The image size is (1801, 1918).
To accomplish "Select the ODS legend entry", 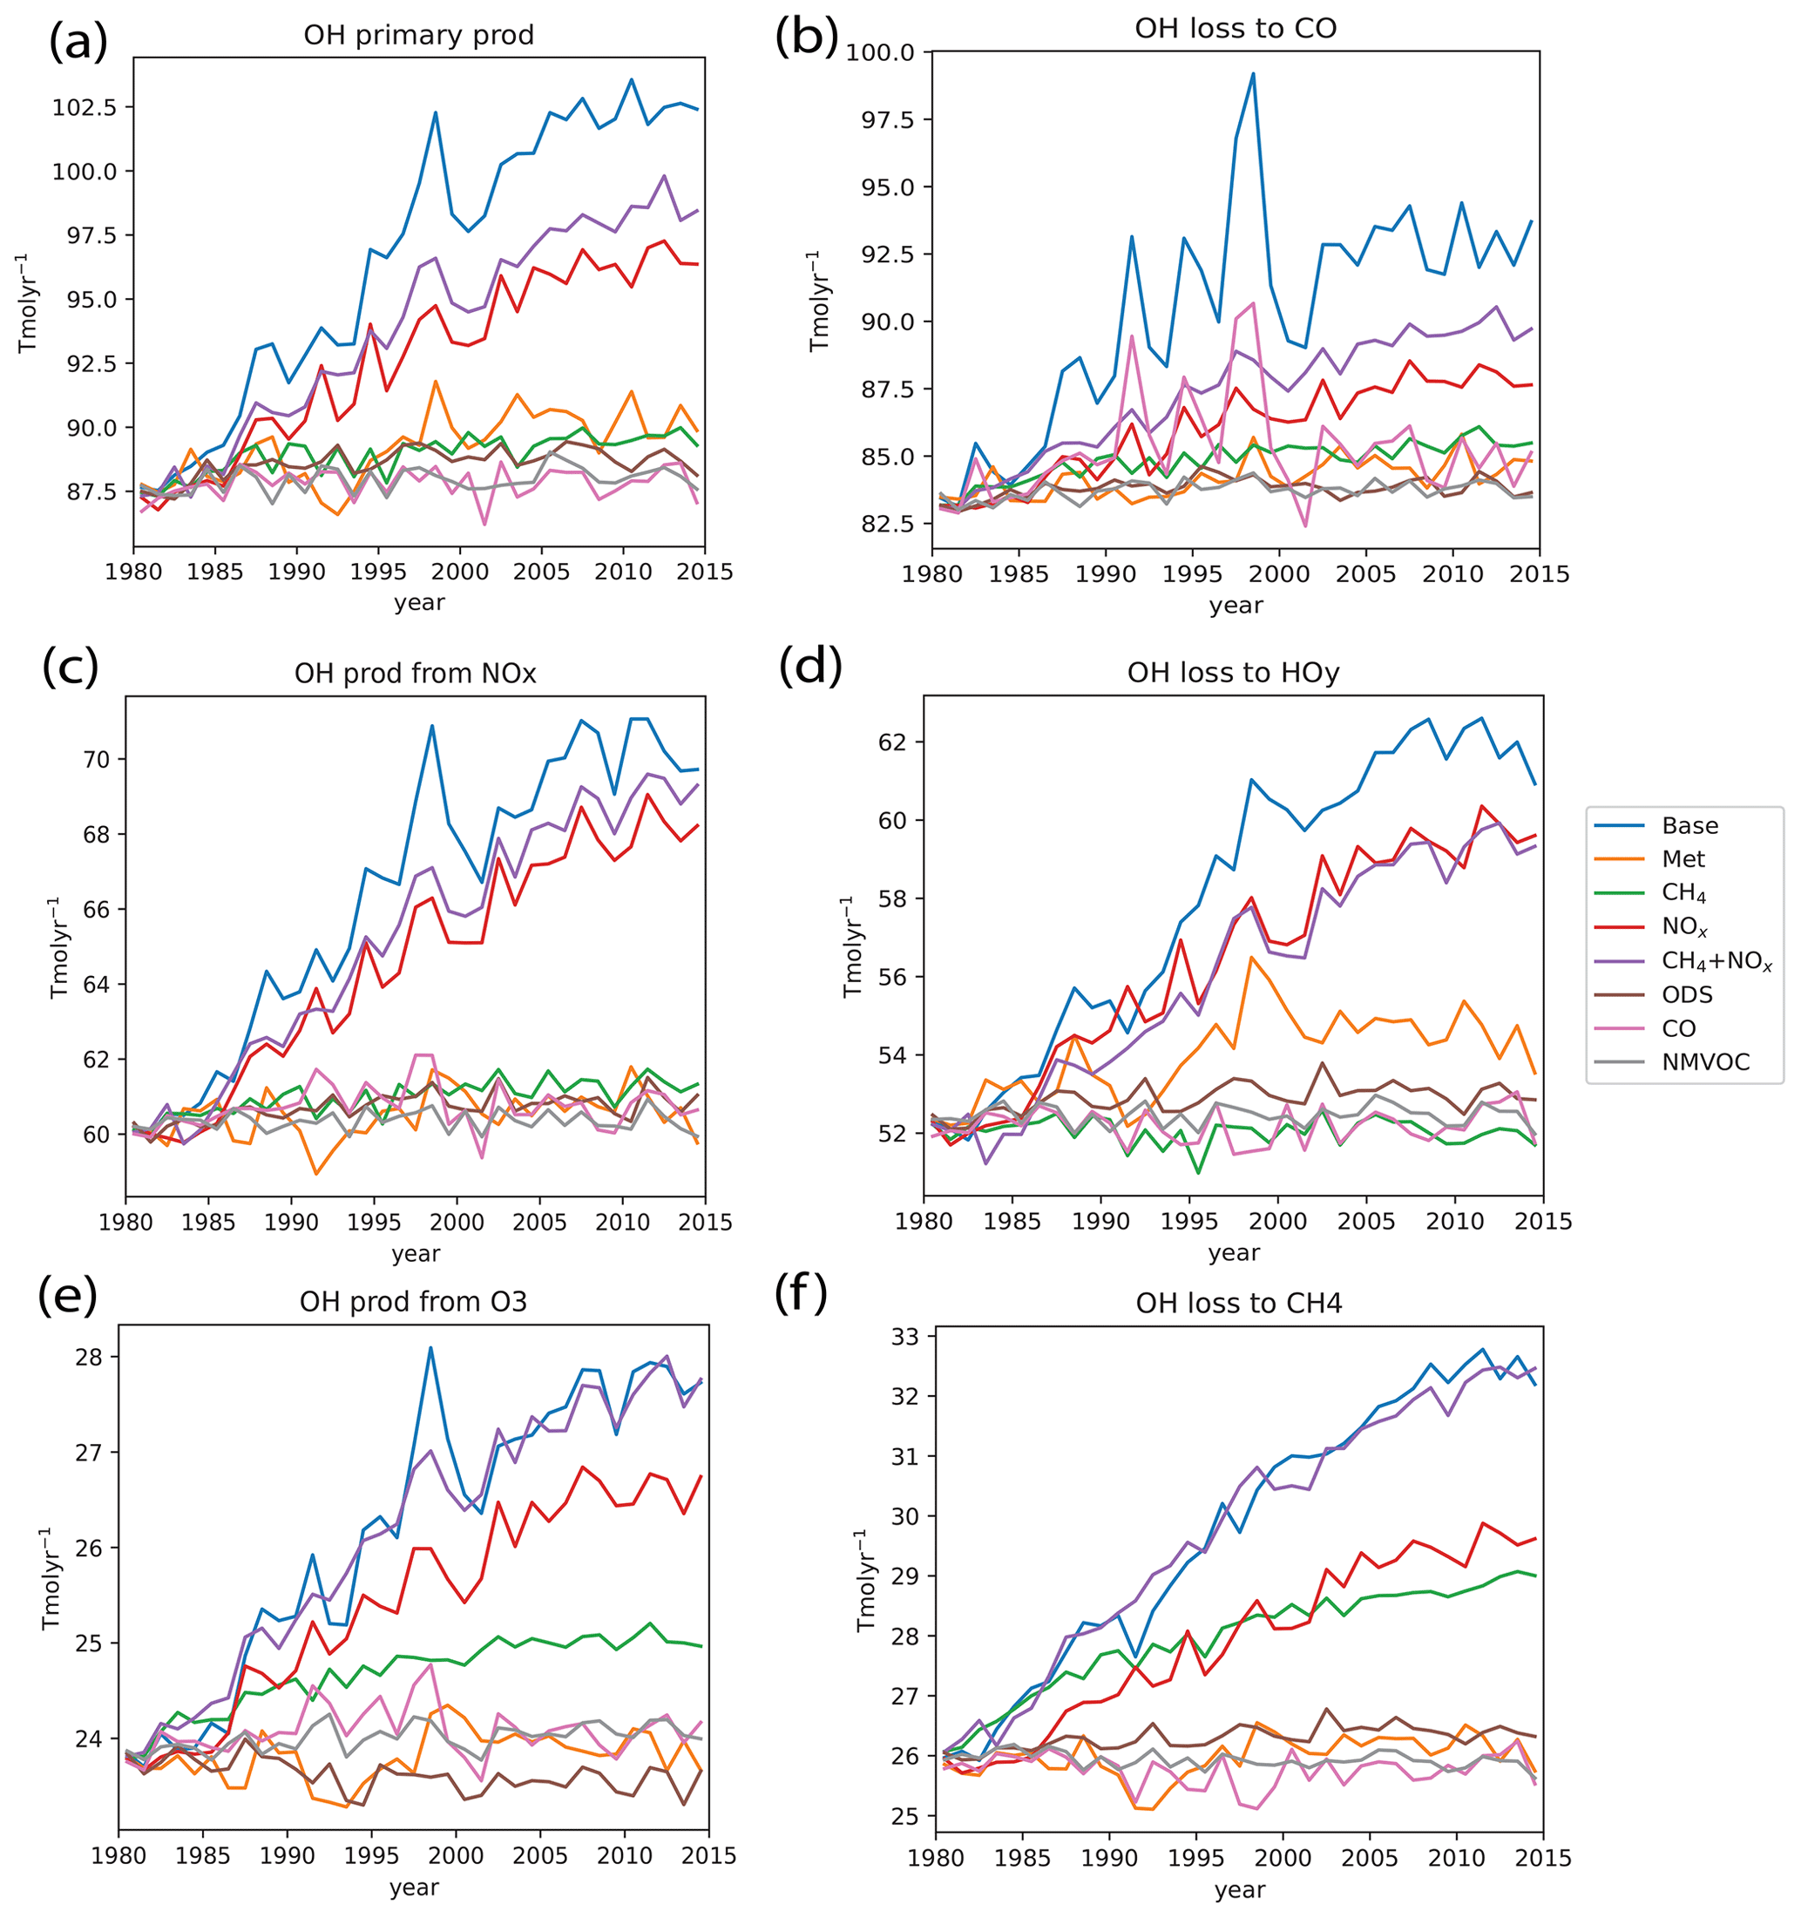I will [1687, 994].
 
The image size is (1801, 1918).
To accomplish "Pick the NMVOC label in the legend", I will [1704, 1062].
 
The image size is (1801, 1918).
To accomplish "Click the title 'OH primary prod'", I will [418, 36].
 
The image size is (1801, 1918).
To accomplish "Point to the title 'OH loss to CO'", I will [1235, 29].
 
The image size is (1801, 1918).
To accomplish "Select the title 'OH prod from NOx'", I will [415, 674].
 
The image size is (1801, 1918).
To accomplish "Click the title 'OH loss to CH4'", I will [1239, 1305].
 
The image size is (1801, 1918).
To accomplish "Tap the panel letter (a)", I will [78, 44].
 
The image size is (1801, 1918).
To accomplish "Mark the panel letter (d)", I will [810, 667].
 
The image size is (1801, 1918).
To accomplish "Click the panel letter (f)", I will [801, 1294].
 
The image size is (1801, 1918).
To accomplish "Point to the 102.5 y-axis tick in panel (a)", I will [85, 107].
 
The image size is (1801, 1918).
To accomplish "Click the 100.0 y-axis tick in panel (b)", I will [880, 52].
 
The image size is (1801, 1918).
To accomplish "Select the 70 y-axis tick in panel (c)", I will [98, 759].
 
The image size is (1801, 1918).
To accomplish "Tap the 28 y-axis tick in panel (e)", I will [90, 1358].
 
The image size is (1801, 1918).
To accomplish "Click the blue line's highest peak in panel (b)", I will [1253, 73].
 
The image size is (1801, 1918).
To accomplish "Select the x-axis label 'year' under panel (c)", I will [416, 1253].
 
